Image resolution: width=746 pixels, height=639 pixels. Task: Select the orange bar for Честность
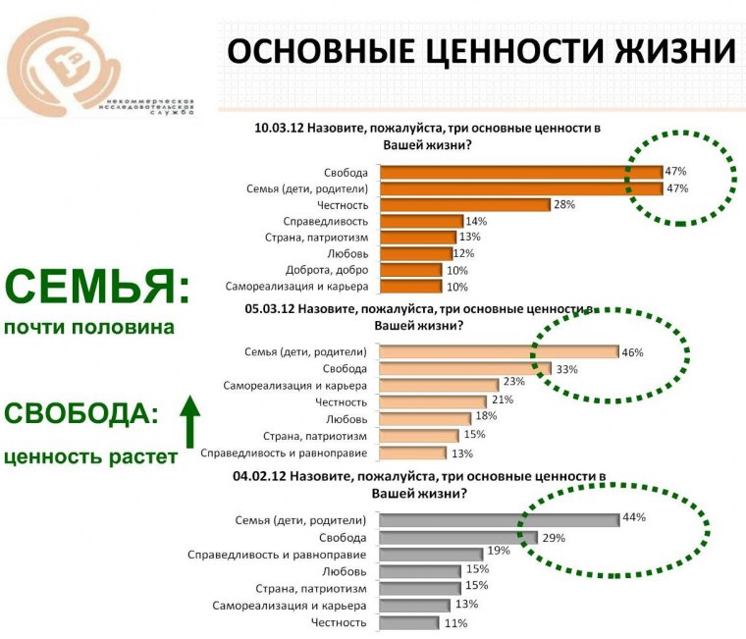point(464,204)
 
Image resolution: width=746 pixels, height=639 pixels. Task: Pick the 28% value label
point(563,204)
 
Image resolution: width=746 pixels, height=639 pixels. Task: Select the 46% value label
point(633,351)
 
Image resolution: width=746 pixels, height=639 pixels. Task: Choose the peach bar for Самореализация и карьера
point(438,385)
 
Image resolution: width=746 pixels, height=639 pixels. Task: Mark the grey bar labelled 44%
point(499,519)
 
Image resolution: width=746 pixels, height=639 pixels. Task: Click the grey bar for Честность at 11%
point(408,621)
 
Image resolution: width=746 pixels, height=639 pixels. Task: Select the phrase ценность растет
point(89,455)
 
